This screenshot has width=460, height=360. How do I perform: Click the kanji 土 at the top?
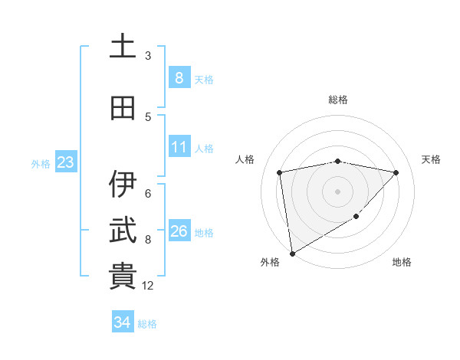(123, 47)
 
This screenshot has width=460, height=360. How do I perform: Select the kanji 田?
(123, 108)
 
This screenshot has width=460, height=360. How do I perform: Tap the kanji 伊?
(123, 185)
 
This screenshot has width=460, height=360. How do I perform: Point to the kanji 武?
(123, 230)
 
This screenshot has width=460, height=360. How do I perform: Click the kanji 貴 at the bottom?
(123, 277)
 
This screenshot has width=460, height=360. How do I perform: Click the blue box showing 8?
(179, 78)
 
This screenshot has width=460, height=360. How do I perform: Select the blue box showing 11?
(179, 147)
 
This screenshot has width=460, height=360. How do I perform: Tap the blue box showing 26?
(179, 231)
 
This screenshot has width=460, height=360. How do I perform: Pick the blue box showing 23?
(64, 162)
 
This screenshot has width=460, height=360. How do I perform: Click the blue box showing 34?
(122, 322)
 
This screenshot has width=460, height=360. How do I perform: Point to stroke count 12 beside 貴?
(148, 286)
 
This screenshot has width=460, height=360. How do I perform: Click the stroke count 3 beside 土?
(148, 55)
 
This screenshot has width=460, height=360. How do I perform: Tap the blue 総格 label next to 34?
(147, 324)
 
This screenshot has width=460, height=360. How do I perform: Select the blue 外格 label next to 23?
(41, 163)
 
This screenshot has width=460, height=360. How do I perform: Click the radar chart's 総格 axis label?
(337, 100)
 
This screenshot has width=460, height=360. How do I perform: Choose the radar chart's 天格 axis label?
(431, 159)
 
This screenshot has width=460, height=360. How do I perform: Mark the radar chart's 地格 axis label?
(402, 262)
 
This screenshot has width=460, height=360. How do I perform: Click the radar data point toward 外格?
(292, 253)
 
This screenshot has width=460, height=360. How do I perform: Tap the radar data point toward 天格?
(396, 172)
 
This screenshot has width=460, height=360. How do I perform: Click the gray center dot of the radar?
(337, 191)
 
